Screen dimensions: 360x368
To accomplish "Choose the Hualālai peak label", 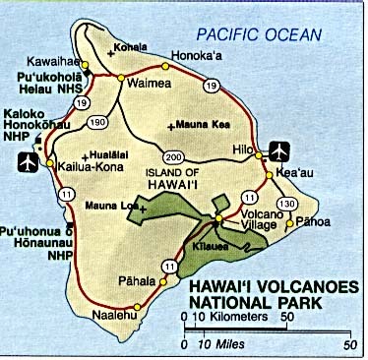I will pos(117,153).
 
